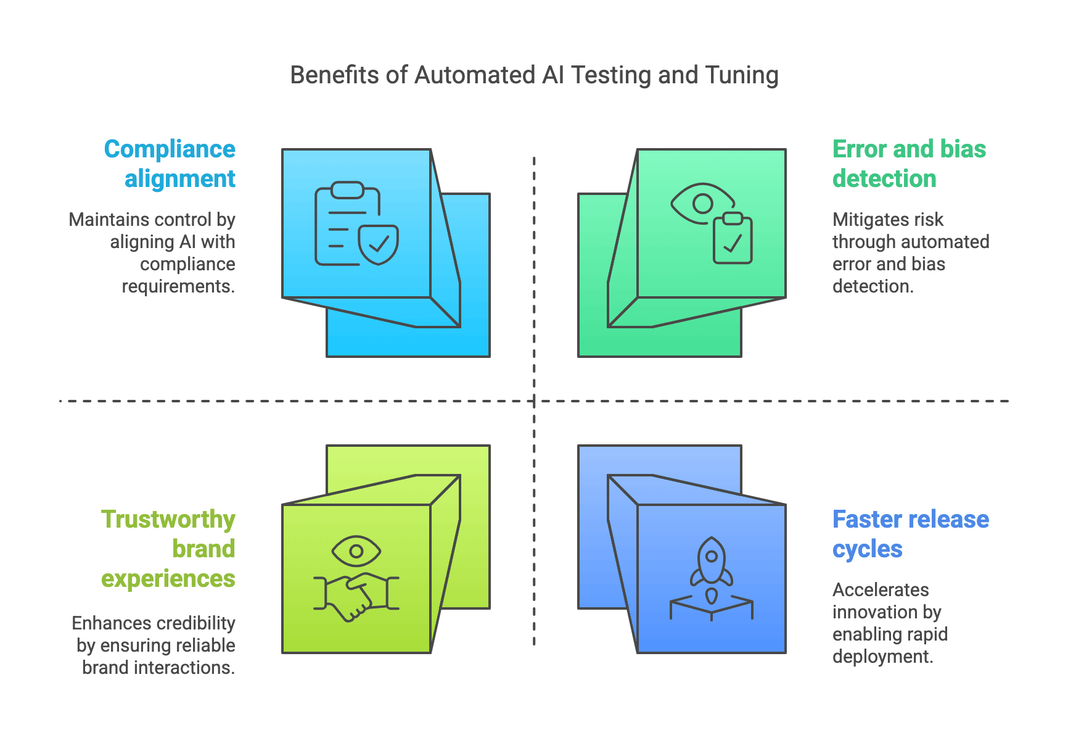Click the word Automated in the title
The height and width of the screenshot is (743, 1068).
tap(475, 75)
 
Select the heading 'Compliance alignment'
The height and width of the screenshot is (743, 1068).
tap(170, 164)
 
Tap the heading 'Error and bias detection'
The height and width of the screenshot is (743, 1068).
tap(908, 164)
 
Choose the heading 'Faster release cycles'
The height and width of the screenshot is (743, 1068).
tap(910, 534)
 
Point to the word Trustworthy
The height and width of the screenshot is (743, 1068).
tap(168, 519)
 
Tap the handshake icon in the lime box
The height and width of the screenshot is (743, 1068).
tap(356, 596)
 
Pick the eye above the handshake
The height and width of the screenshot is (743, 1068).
tap(356, 550)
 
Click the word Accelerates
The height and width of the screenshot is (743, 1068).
tap(881, 590)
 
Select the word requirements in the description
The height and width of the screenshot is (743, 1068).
tap(178, 286)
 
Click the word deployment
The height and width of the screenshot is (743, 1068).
tap(882, 657)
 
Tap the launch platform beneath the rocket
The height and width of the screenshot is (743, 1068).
tap(711, 608)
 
